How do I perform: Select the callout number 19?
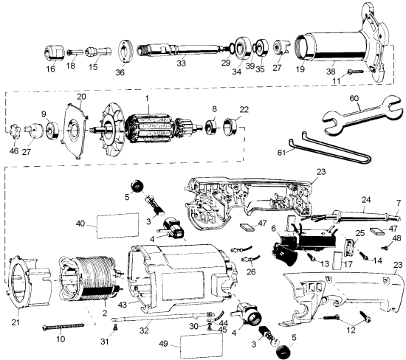[300, 69]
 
